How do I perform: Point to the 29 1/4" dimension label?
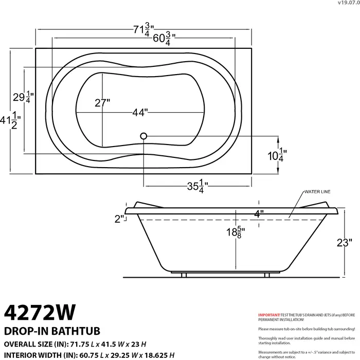(x=23, y=97)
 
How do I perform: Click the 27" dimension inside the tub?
(x=102, y=102)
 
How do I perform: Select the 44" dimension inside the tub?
(x=139, y=112)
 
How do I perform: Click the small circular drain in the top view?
(x=143, y=136)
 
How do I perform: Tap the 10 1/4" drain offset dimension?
(x=277, y=154)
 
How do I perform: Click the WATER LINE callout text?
(x=317, y=192)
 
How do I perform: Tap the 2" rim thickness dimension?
(x=120, y=219)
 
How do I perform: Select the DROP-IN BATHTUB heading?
(x=51, y=330)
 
